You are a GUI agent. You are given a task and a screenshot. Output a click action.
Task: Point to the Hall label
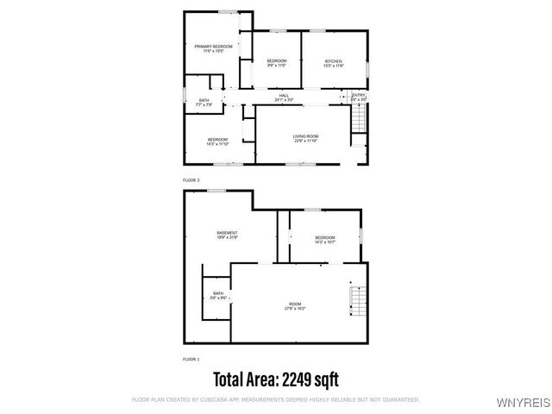[x=282, y=97]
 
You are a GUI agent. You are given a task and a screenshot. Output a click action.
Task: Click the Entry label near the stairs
[x=358, y=97]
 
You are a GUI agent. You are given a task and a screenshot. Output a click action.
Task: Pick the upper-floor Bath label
[x=204, y=102]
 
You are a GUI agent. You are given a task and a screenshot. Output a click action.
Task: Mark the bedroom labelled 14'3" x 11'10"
[x=217, y=141]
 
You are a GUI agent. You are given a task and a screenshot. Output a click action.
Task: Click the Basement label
[x=227, y=235]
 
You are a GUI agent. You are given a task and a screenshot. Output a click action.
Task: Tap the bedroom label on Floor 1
[x=324, y=239]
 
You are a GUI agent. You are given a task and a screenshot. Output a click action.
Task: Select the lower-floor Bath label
[x=218, y=296]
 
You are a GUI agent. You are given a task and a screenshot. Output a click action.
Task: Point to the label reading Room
[x=295, y=305]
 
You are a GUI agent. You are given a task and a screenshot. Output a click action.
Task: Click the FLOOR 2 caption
[x=191, y=179]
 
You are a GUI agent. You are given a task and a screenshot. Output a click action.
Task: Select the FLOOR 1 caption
[x=191, y=358]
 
